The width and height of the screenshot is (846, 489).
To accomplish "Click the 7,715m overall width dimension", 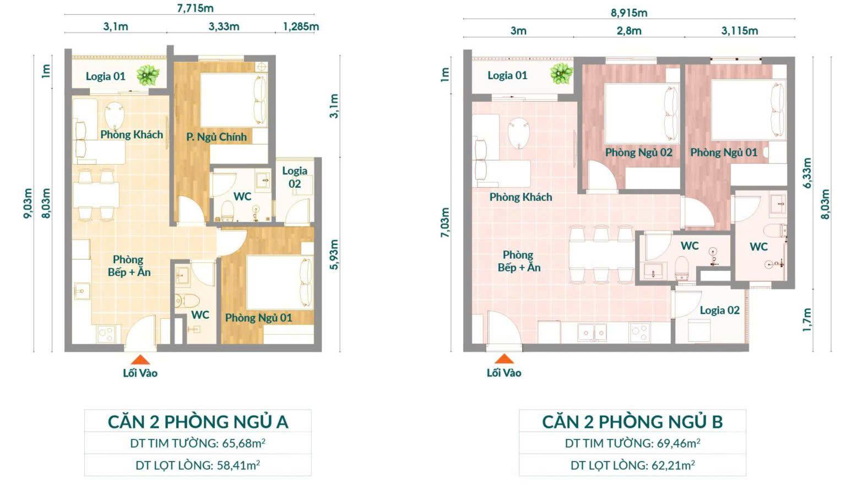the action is tap(196, 8).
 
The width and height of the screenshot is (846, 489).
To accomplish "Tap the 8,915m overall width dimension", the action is tap(629, 13).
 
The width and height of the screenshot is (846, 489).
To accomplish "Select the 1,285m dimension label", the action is tap(301, 26).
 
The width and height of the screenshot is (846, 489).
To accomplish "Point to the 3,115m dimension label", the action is tap(740, 31).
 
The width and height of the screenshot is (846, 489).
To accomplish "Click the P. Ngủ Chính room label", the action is tap(216, 137).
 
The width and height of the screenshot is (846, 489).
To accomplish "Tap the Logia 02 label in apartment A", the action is tap(295, 177).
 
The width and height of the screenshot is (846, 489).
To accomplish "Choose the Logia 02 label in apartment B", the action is tap(719, 311).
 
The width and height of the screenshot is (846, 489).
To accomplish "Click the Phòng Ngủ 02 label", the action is tap(639, 153).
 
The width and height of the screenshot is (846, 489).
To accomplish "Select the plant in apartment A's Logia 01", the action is tap(148, 75).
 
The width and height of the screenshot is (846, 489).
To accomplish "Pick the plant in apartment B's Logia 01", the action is tap(562, 73).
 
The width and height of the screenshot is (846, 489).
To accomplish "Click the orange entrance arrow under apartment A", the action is tap(140, 360).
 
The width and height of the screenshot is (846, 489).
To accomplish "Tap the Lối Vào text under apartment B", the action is tap(504, 373).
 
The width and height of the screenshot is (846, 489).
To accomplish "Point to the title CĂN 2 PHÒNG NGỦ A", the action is tap(198, 422).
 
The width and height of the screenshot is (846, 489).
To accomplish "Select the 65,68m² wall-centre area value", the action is tap(243, 443).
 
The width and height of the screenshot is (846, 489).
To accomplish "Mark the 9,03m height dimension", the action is tap(28, 203).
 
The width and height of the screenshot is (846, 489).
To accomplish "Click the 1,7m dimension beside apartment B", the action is tap(806, 320).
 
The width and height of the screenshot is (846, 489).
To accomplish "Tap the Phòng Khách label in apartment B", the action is tap(520, 197).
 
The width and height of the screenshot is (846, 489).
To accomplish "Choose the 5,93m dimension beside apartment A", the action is tap(334, 254).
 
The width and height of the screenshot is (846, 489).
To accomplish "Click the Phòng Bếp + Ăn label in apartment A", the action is tap(129, 266).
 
